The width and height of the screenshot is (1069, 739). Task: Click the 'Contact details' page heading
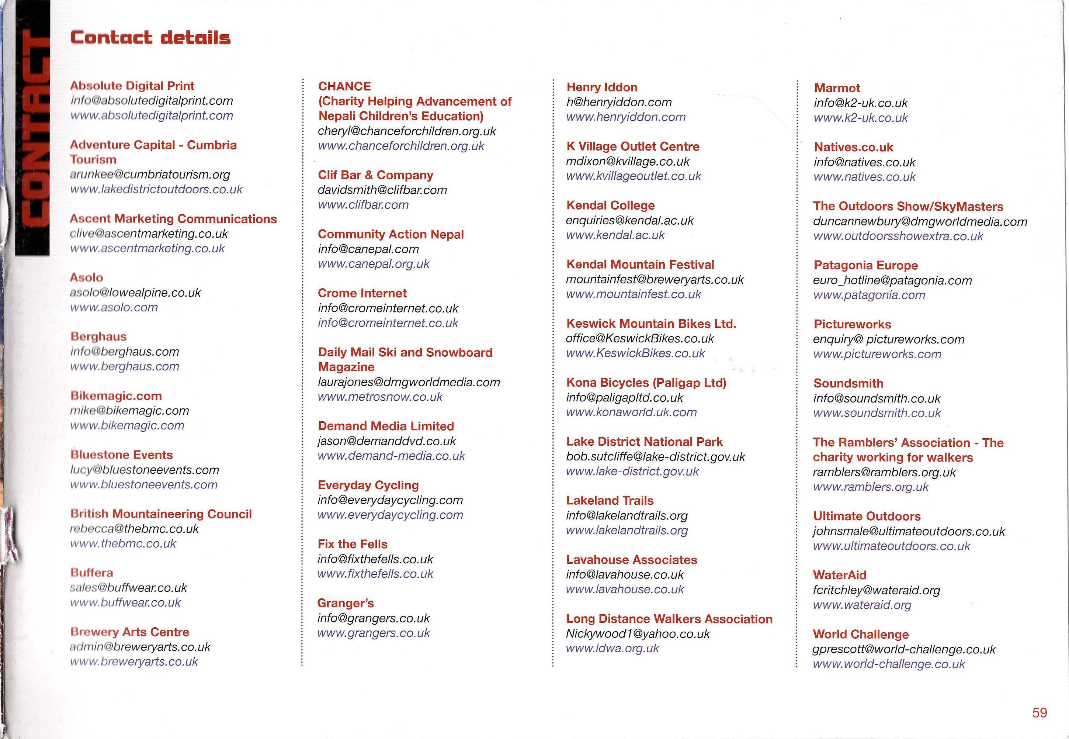[x=150, y=38]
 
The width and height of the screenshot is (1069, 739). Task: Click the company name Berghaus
[x=98, y=336]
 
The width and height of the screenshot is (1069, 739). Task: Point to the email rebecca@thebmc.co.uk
[x=134, y=529]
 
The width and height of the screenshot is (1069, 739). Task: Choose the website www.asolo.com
[x=114, y=307]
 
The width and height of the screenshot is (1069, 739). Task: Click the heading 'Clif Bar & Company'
[x=375, y=175]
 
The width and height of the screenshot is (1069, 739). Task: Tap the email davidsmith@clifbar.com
[x=382, y=190]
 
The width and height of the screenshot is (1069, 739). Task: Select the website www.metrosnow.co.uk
[x=380, y=397]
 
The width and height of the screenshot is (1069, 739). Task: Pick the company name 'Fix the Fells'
[x=352, y=544]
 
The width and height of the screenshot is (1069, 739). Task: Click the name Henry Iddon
[x=601, y=87]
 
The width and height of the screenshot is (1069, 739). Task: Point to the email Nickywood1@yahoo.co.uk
[x=637, y=634]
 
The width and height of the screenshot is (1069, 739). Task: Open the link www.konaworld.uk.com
[x=631, y=412]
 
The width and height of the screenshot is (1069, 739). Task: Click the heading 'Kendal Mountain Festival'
[x=640, y=265]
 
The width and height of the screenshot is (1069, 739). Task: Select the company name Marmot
[x=837, y=88]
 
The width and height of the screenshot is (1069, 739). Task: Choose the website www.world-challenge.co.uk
[x=889, y=664]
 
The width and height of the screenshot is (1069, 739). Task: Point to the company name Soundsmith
[x=848, y=383]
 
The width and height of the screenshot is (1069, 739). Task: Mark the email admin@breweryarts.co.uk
[x=140, y=647]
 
